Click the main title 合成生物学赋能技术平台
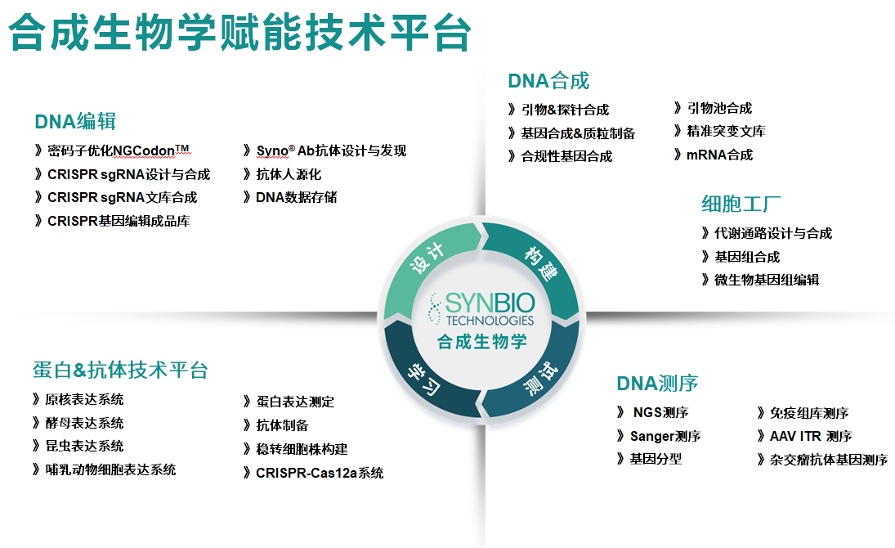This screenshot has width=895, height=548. pyautogui.click(x=239, y=32)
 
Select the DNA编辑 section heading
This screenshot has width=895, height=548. pyautogui.click(x=75, y=122)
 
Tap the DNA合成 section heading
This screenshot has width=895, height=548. pyautogui.click(x=548, y=81)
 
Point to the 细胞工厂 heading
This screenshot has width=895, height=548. pyautogui.click(x=741, y=204)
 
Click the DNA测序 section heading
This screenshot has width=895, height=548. pyautogui.click(x=657, y=383)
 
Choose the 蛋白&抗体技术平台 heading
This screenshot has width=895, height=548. pyautogui.click(x=120, y=370)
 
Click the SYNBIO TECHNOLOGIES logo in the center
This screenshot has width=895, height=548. pyautogui.click(x=482, y=308)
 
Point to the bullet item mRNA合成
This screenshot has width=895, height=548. pyautogui.click(x=719, y=155)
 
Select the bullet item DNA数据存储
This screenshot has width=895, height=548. pyautogui.click(x=296, y=197)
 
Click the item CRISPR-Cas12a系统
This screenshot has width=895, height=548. pyautogui.click(x=320, y=473)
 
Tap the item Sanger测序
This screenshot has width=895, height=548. pyautogui.click(x=665, y=436)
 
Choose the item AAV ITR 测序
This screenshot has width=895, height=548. pyautogui.click(x=811, y=436)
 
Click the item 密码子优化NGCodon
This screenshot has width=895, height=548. pyautogui.click(x=119, y=150)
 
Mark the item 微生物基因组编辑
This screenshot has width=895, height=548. pyautogui.click(x=767, y=280)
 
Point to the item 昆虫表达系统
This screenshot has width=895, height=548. pyautogui.click(x=84, y=446)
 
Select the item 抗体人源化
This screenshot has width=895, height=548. pyautogui.click(x=289, y=174)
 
